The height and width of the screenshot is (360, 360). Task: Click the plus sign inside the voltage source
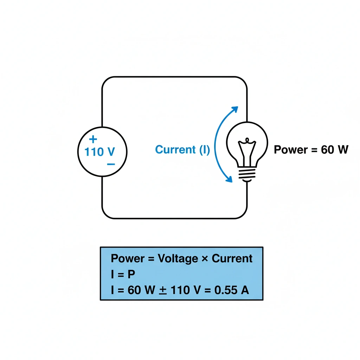coord(93,139)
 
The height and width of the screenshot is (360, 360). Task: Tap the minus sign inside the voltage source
coord(111,164)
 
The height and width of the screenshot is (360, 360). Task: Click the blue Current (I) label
coord(182,150)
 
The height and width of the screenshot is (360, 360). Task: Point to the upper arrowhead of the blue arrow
coord(234,109)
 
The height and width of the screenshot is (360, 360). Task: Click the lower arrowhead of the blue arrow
coord(229,180)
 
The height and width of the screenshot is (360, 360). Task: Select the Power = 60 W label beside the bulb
coord(311,150)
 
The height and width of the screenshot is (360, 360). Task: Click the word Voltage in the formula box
coord(178,259)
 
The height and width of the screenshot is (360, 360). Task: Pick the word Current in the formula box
coord(232,259)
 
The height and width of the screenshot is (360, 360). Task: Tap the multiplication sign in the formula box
coord(205,259)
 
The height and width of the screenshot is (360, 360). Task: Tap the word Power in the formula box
coord(127,259)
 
